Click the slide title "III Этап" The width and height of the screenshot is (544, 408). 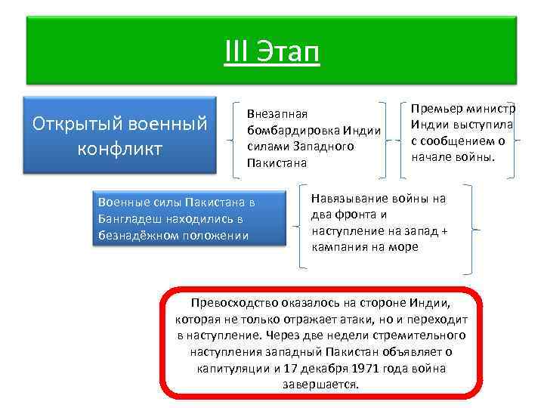pyautogui.click(x=272, y=53)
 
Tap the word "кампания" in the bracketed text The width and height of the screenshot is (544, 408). pyautogui.click(x=338, y=247)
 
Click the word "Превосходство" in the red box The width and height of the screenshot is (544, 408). pyautogui.click(x=232, y=303)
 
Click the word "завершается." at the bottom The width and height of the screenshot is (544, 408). pyautogui.click(x=321, y=384)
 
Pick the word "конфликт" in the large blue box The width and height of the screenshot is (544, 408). pyautogui.click(x=119, y=148)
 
